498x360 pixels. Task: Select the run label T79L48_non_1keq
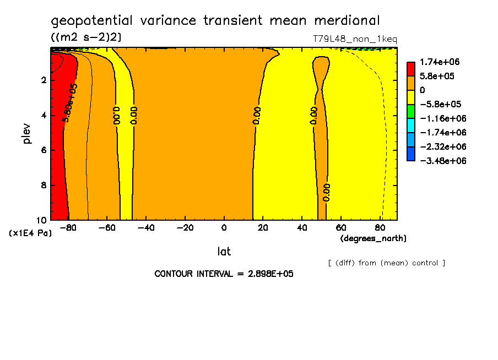point(355,39)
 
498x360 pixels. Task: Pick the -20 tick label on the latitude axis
point(185,228)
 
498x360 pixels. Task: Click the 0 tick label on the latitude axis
point(224,228)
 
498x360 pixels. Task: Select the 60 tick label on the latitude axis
point(341,228)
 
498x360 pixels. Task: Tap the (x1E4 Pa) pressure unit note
point(30,233)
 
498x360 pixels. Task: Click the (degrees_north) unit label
point(373,238)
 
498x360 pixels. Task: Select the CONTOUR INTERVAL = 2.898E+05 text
point(224,274)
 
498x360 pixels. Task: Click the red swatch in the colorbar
point(411,69)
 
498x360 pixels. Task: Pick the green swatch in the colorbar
point(411,111)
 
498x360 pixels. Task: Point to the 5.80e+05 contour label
point(70,103)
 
